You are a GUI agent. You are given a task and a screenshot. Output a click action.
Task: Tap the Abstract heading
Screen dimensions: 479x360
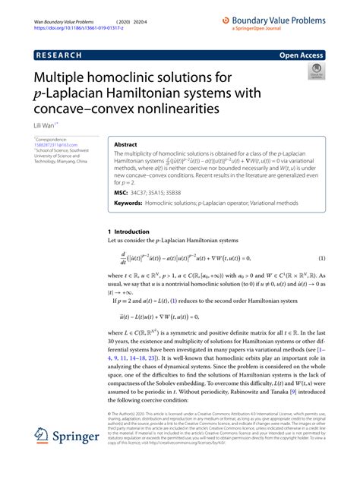click(x=126, y=144)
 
